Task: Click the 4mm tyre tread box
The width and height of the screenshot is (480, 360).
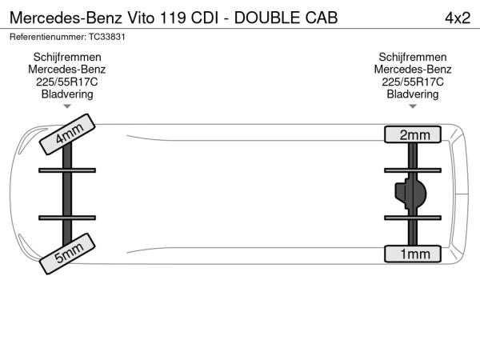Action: click(x=67, y=134)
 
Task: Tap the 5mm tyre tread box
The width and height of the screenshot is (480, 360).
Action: click(x=67, y=254)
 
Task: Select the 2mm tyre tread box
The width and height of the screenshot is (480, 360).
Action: click(x=413, y=134)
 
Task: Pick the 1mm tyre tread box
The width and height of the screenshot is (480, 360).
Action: click(x=413, y=254)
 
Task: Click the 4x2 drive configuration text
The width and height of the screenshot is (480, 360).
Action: click(x=458, y=18)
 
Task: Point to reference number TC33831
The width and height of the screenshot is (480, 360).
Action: click(x=107, y=37)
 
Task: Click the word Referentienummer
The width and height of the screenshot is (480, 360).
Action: click(x=48, y=37)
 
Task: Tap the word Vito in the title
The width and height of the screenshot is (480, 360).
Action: click(x=141, y=18)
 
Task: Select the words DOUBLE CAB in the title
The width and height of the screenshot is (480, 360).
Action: click(x=286, y=18)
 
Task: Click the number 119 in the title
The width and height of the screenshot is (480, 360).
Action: click(x=173, y=18)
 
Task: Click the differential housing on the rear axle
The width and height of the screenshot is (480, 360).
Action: click(x=410, y=194)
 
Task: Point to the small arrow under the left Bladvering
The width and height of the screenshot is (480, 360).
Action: click(x=67, y=106)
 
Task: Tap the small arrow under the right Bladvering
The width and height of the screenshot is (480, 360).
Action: click(x=413, y=106)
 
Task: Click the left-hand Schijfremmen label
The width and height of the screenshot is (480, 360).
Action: click(x=67, y=58)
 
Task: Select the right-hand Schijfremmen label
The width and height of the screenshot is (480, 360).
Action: click(x=413, y=58)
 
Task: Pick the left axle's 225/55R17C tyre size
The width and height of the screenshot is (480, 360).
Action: click(x=67, y=82)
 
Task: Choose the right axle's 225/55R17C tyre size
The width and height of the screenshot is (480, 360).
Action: click(x=413, y=82)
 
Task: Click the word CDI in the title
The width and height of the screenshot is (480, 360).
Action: click(x=205, y=18)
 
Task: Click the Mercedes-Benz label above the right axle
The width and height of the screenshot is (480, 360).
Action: click(x=413, y=70)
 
